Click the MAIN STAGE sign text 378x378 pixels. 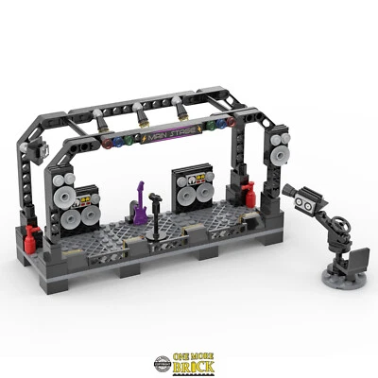pos(165,137)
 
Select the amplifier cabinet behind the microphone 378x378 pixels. pos(190,189)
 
